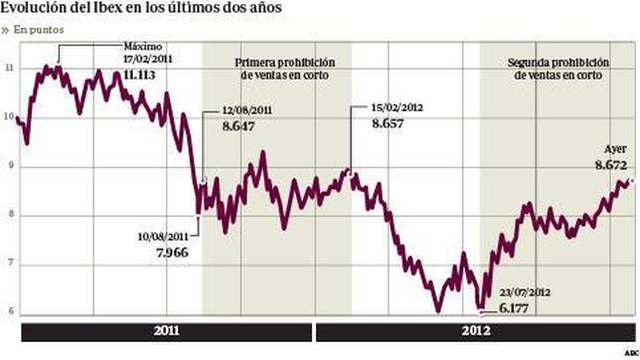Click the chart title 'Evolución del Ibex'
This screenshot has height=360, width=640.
[x=140, y=9]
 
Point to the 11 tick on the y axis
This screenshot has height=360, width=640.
[x=9, y=68]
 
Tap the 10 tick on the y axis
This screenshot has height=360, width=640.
[x=9, y=116]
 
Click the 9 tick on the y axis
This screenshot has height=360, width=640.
[x=9, y=166]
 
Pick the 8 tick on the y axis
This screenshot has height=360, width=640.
[x=9, y=215]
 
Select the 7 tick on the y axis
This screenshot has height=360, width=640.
[x=9, y=264]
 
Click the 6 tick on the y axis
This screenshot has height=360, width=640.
[x=9, y=312]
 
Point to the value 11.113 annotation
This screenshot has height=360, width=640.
[x=144, y=73]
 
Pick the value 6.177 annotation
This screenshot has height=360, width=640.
[x=519, y=311]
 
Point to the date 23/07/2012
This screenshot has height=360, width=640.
[x=524, y=293]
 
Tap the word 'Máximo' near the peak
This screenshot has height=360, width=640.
[x=141, y=47]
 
